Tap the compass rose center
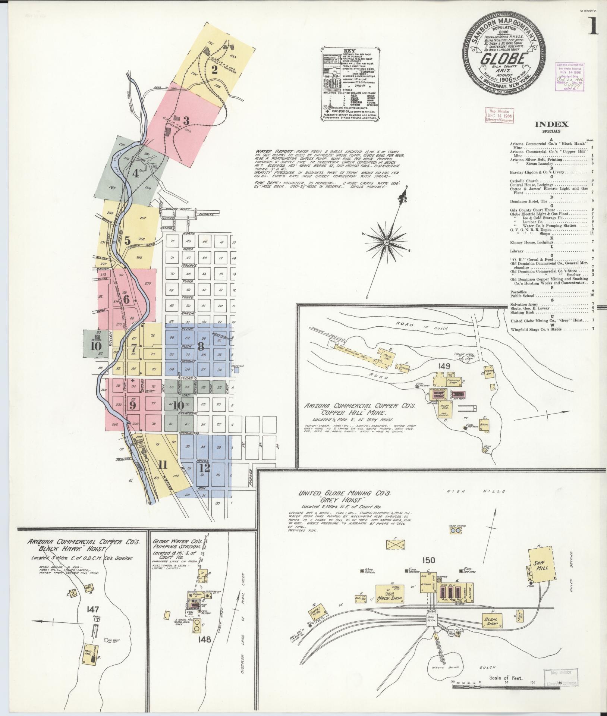pyautogui.click(x=387, y=242)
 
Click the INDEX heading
pyautogui.click(x=552, y=125)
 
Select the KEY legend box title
pyautogui.click(x=349, y=51)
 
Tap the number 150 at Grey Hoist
pyautogui.click(x=429, y=560)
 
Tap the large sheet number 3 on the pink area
pyautogui.click(x=186, y=121)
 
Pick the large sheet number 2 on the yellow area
pyautogui.click(x=214, y=70)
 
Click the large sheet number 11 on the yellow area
pyautogui.click(x=162, y=465)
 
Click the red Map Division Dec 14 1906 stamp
pyautogui.click(x=499, y=116)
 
